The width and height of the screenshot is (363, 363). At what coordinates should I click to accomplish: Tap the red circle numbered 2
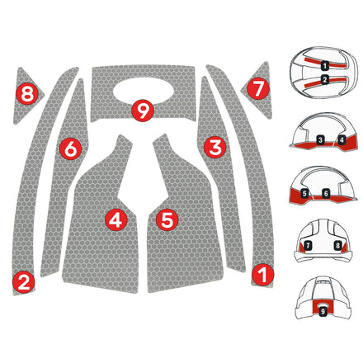[x=24, y=282]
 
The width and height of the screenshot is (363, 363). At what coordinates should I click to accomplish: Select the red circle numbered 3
[x=215, y=148]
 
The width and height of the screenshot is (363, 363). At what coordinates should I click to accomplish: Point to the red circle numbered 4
[x=115, y=219]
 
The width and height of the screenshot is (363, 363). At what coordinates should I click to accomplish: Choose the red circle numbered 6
[x=70, y=148]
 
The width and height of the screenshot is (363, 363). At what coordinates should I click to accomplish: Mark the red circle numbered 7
[x=257, y=86]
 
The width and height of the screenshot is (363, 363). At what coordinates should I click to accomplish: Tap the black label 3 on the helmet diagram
[x=318, y=140]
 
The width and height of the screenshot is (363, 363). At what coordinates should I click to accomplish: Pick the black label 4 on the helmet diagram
[x=341, y=140]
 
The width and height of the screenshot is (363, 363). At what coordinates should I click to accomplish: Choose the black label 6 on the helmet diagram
[x=327, y=193]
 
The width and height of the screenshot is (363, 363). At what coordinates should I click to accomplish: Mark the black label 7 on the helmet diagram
[x=308, y=246]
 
